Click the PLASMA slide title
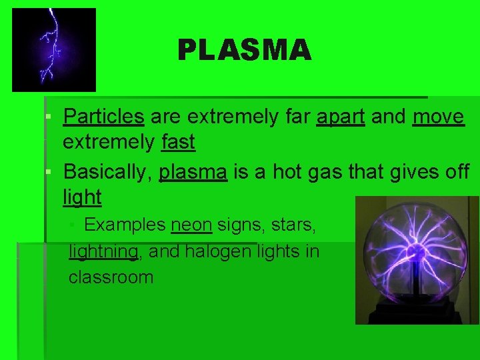point(244,50)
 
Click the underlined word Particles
point(103,117)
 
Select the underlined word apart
point(340,117)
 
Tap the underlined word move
point(438,117)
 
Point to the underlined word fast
point(178,142)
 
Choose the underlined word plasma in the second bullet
point(193,171)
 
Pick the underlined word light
point(82,197)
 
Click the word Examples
point(125,225)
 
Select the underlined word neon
point(191,225)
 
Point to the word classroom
point(111,277)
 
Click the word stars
point(293,225)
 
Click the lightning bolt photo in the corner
point(54,50)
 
